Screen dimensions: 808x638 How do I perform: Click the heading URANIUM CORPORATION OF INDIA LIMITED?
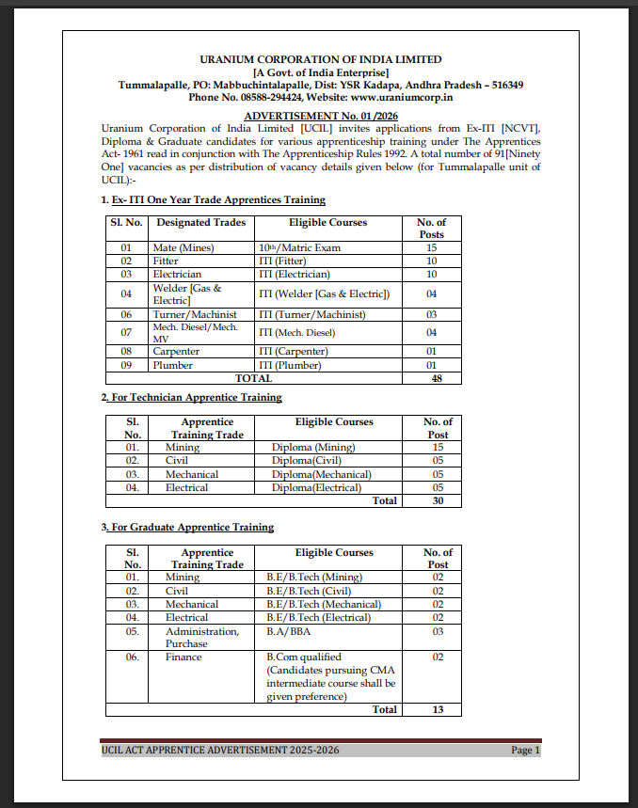tap(321, 59)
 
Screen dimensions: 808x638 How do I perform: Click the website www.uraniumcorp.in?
tap(402, 97)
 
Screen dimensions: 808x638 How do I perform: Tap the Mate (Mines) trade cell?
tap(183, 247)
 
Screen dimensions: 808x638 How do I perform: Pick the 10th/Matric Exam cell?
tap(299, 247)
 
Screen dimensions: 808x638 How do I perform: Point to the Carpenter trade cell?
tap(176, 352)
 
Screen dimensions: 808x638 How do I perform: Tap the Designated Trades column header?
tap(201, 222)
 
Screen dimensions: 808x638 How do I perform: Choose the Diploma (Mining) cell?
tap(312, 448)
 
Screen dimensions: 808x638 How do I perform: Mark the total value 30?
tap(438, 500)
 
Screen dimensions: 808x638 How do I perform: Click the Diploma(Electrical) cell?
tap(316, 487)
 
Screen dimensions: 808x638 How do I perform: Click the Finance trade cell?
tap(183, 657)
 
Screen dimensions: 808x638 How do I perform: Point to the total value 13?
tap(438, 709)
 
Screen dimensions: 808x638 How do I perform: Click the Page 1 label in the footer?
tap(525, 750)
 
